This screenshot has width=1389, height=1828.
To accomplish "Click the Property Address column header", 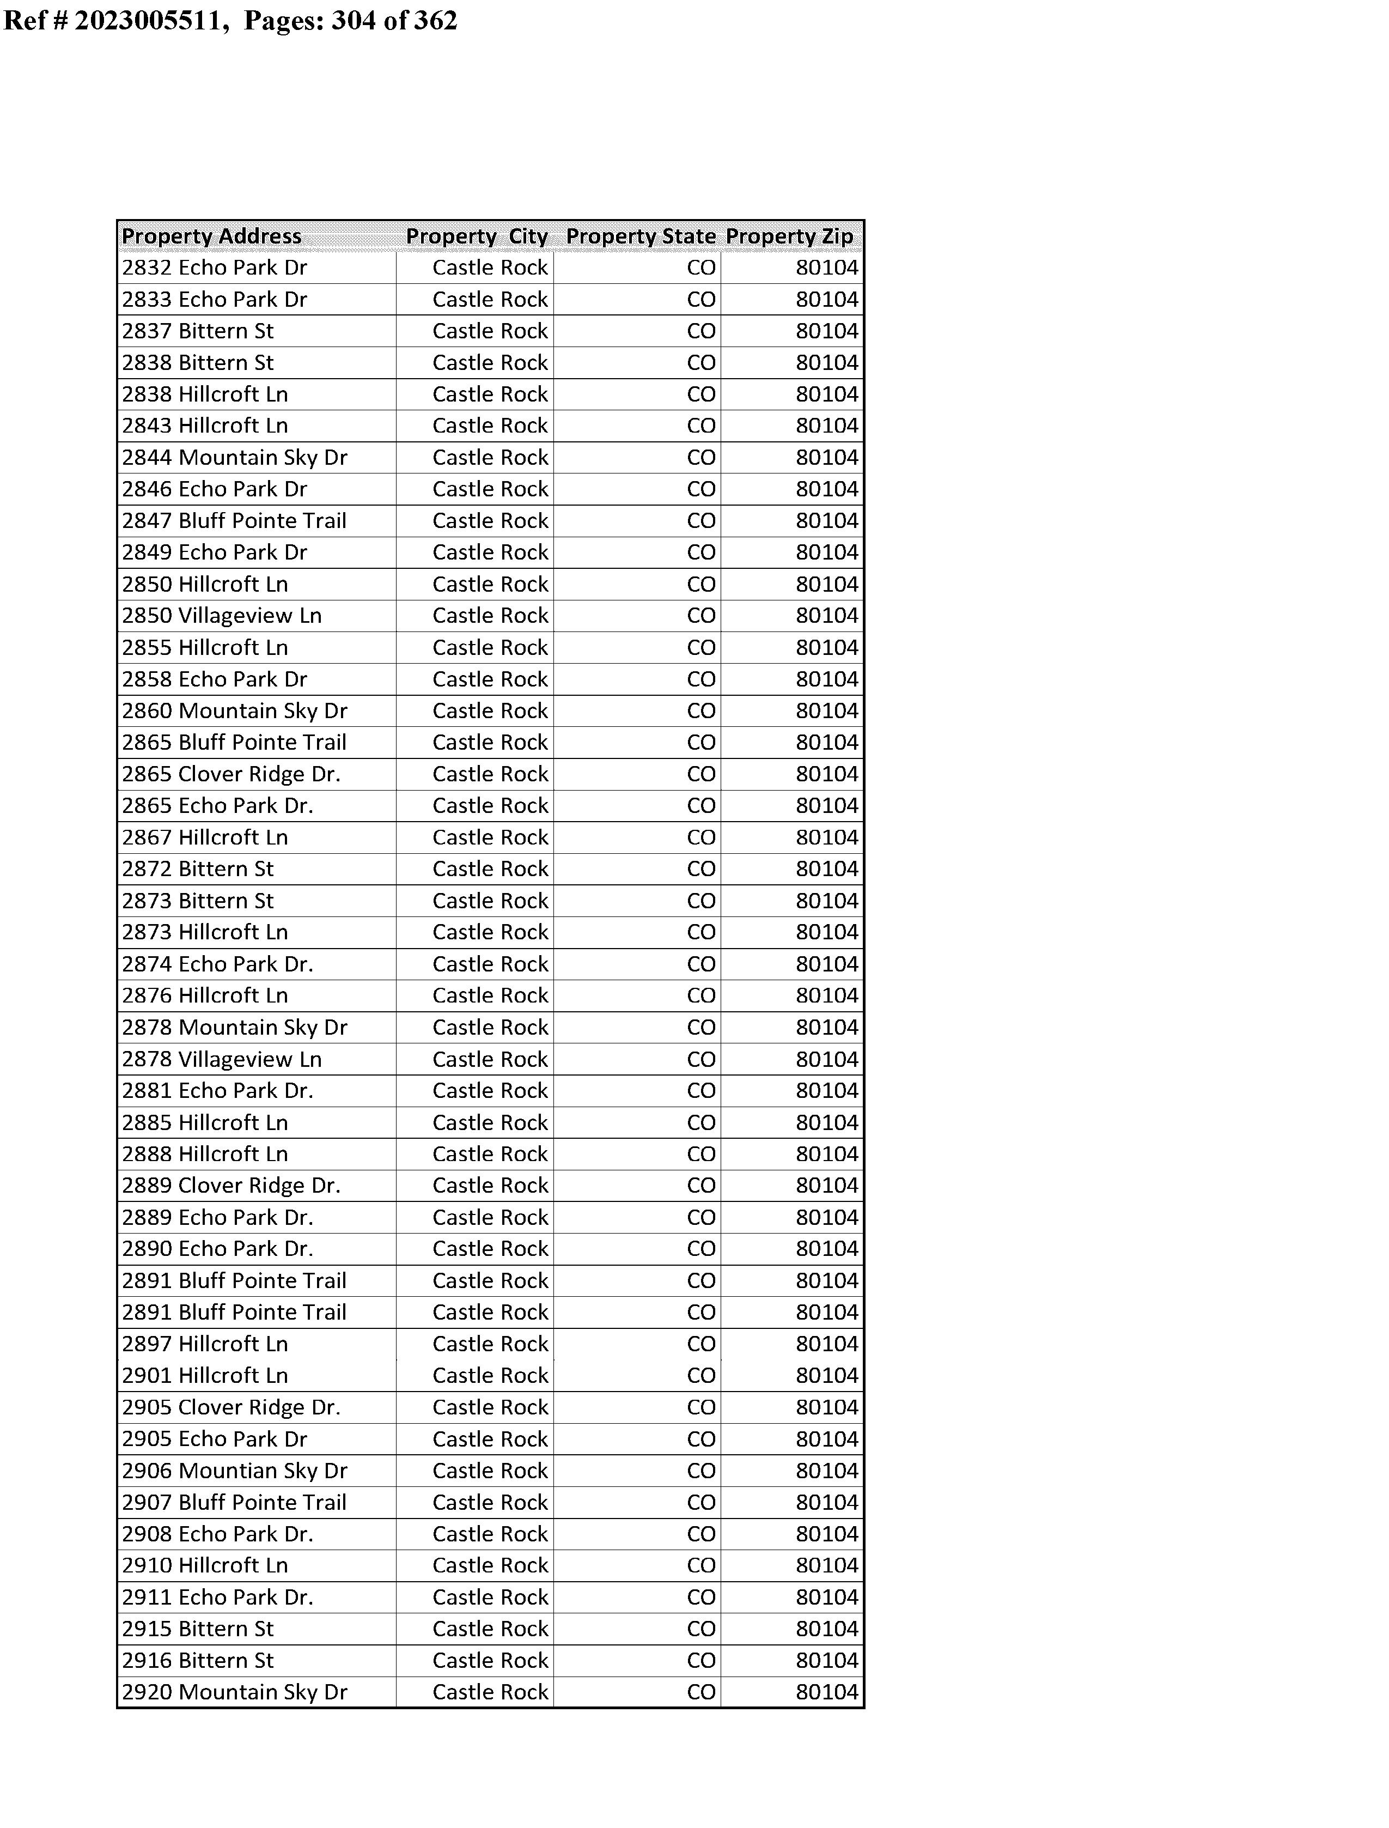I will tap(212, 236).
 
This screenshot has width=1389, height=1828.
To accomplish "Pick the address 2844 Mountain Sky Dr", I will tap(234, 458).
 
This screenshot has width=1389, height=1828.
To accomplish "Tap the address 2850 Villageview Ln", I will tap(222, 616).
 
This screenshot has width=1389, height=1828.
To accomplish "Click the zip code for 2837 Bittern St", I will tap(827, 331).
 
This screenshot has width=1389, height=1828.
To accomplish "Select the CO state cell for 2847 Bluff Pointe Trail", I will tap(701, 521).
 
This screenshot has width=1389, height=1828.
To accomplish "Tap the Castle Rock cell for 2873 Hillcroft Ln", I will tap(490, 933).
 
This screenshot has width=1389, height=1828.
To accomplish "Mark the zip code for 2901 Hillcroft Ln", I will tap(827, 1376).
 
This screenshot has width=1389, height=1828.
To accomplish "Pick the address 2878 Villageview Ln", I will tap(222, 1060).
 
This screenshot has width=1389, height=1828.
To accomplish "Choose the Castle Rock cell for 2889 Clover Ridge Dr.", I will tap(490, 1186).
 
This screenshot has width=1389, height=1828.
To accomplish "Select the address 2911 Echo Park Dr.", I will tap(217, 1598).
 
